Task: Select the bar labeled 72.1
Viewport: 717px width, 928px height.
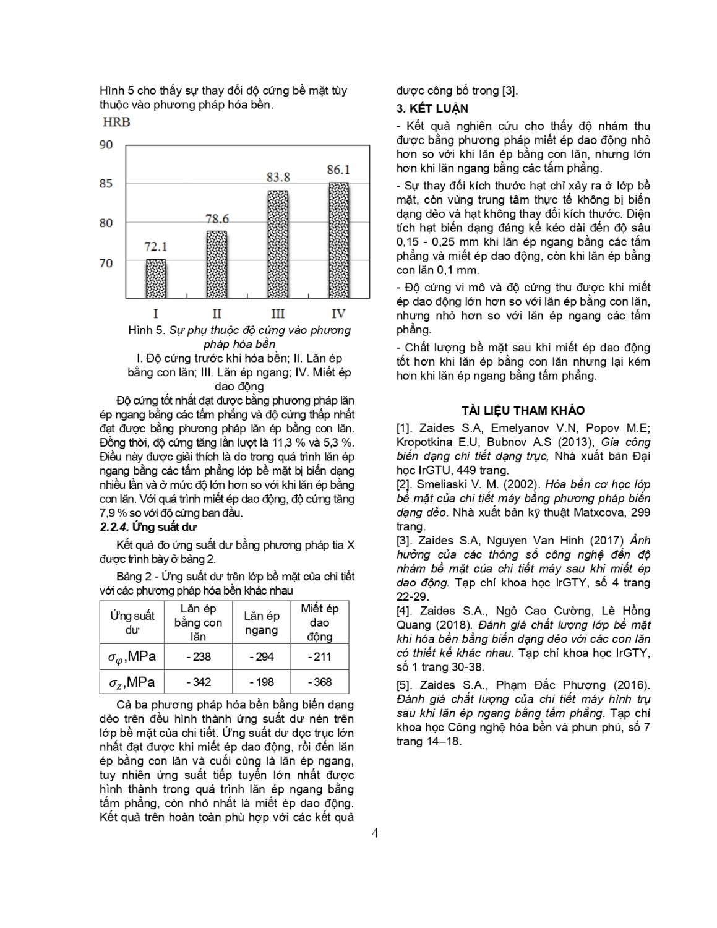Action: pyautogui.click(x=155, y=278)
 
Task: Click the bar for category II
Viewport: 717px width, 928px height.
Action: pyautogui.click(x=217, y=264)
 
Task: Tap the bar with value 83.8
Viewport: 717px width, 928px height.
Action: pyautogui.click(x=278, y=244)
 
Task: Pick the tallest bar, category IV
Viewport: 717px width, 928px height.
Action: pyautogui.click(x=338, y=240)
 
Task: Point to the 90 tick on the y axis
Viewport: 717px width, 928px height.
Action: pyautogui.click(x=106, y=145)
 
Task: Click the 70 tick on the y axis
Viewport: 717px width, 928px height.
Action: pyautogui.click(x=106, y=263)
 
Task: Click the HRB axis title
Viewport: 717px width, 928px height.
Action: pyautogui.click(x=116, y=122)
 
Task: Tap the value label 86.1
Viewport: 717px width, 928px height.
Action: pyautogui.click(x=338, y=169)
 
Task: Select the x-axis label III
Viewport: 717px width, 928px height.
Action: pyautogui.click(x=278, y=313)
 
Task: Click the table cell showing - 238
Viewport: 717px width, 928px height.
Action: pyautogui.click(x=199, y=657)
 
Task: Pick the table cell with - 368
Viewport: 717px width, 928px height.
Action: pyautogui.click(x=319, y=682)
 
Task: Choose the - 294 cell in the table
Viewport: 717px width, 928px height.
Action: pyautogui.click(x=261, y=657)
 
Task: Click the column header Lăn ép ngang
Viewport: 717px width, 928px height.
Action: pyautogui.click(x=261, y=623)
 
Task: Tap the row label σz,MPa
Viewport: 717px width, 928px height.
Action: pyautogui.click(x=131, y=682)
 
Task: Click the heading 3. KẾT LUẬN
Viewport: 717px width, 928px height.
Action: pyautogui.click(x=432, y=108)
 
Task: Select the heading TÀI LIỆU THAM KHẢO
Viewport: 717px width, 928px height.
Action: pyautogui.click(x=523, y=411)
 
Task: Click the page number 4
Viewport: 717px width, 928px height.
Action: pyautogui.click(x=375, y=833)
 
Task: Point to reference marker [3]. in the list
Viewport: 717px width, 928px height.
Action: pyautogui.click(x=406, y=541)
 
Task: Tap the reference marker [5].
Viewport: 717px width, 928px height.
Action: pyautogui.click(x=406, y=685)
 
